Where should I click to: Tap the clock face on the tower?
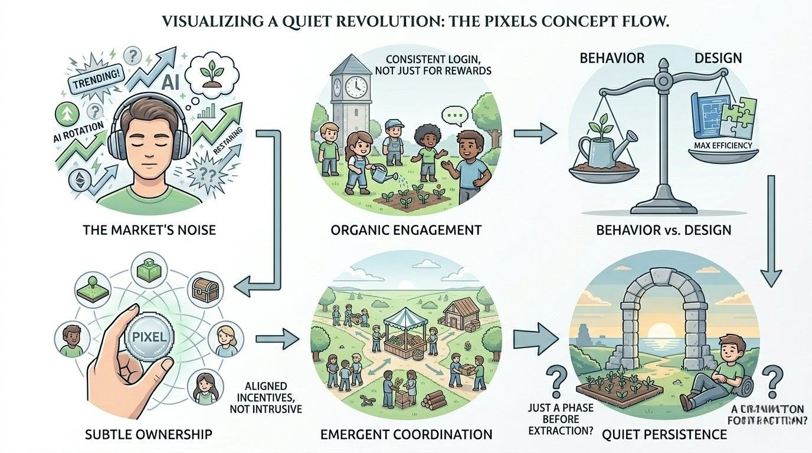(356, 86)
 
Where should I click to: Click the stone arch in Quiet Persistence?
(649, 319)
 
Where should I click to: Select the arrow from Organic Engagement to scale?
(535, 133)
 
